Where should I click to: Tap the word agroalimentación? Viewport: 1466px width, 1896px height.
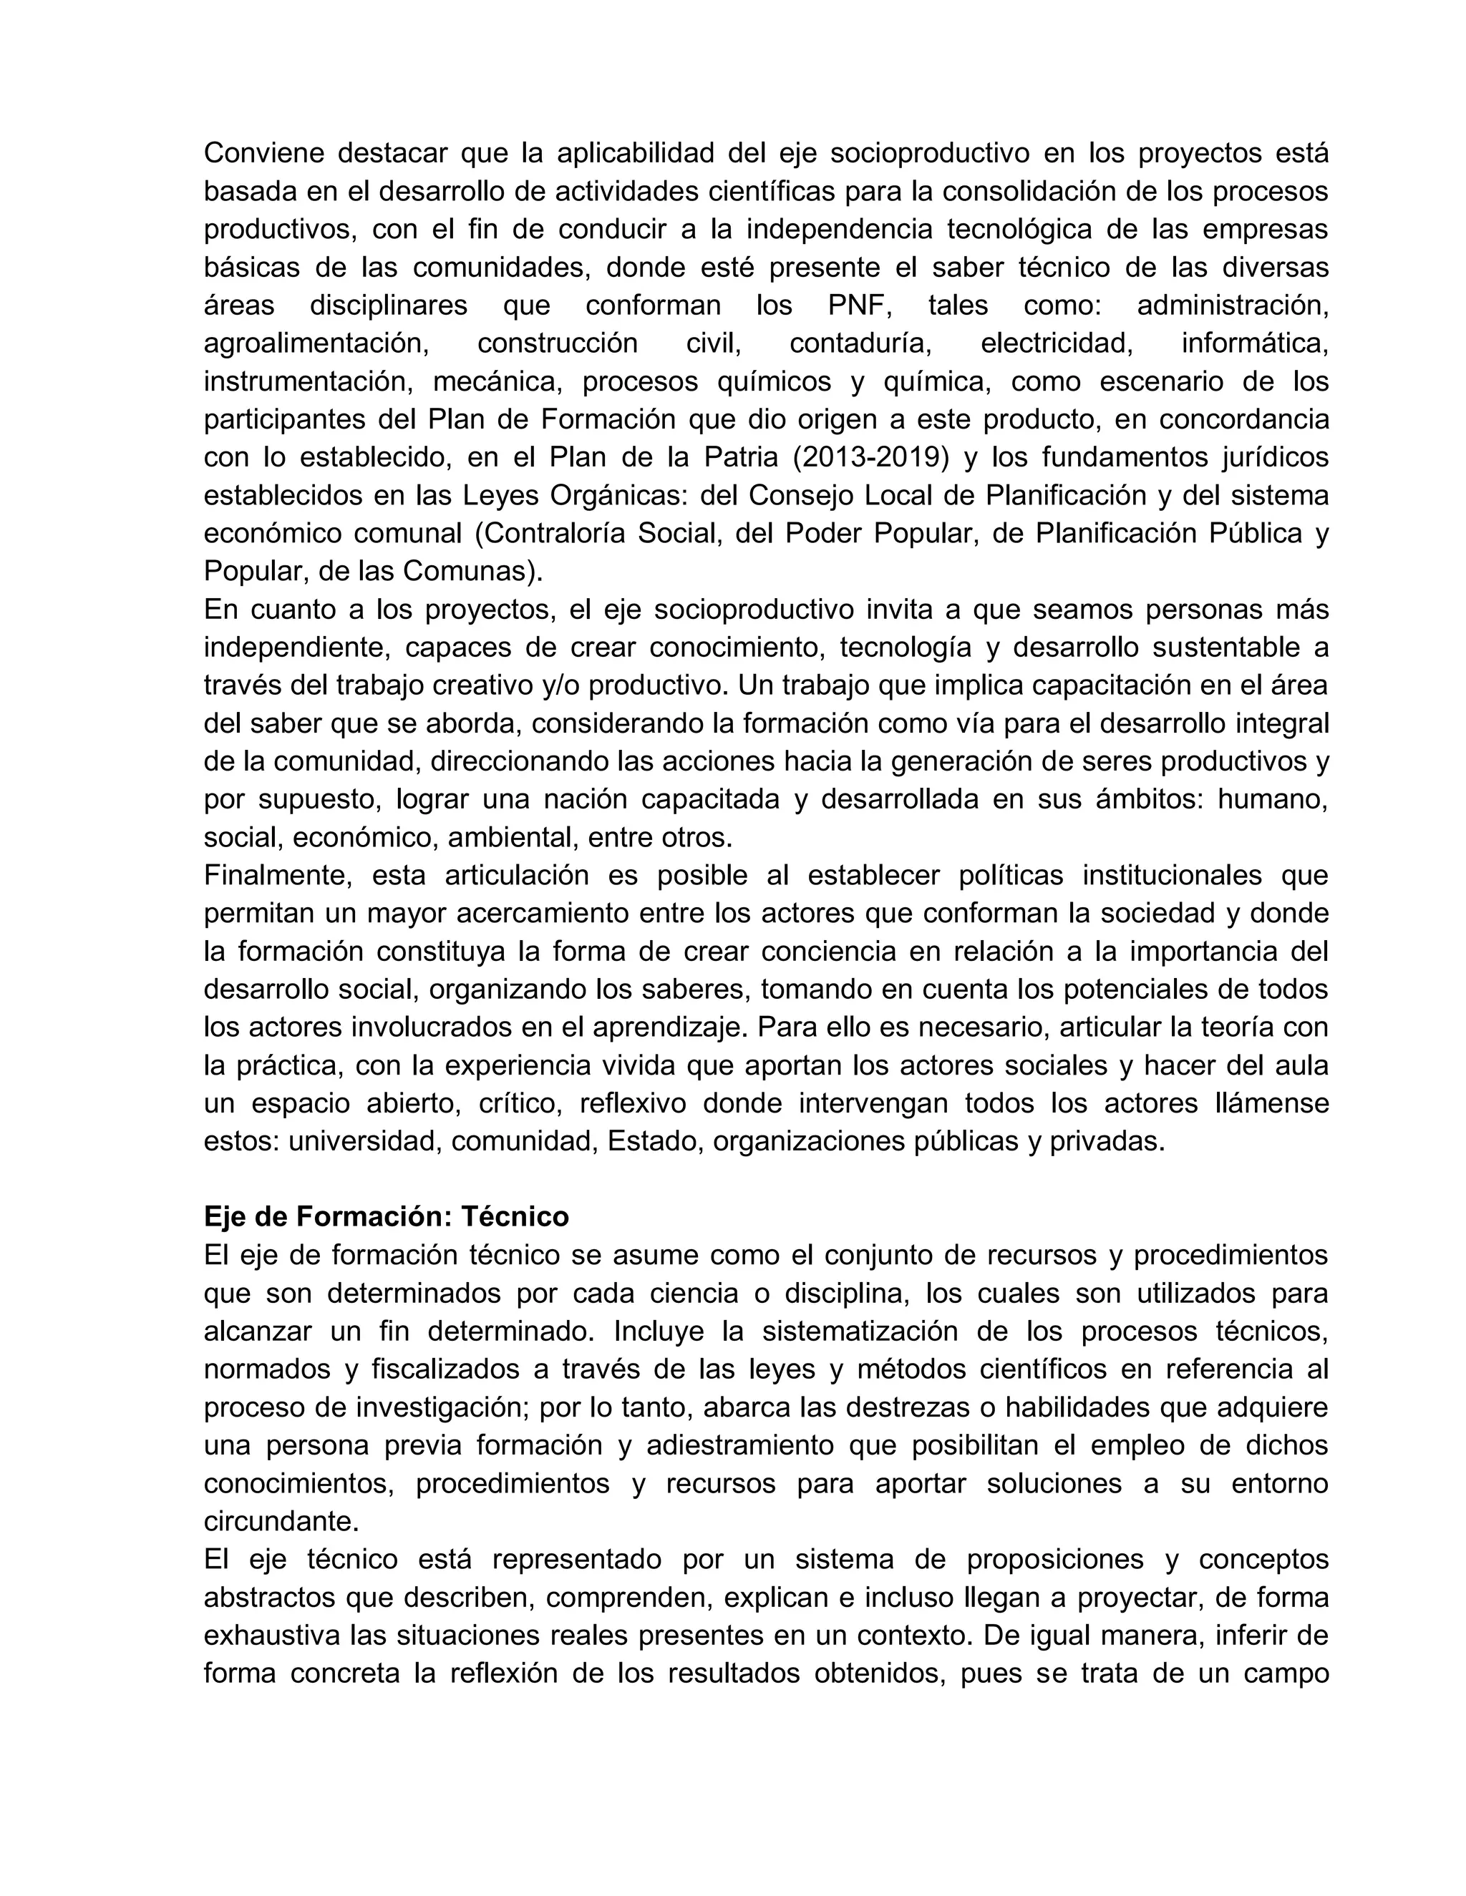(x=317, y=343)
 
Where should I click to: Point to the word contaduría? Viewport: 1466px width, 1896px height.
(x=860, y=343)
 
